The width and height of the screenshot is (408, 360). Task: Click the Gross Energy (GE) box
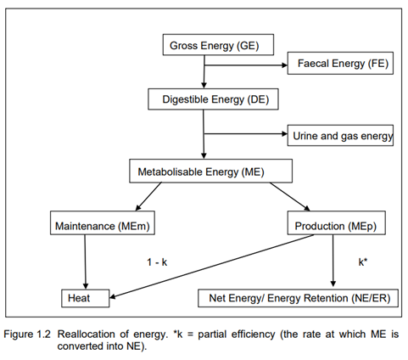(x=218, y=45)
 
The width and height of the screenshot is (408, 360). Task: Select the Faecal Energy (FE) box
(x=340, y=63)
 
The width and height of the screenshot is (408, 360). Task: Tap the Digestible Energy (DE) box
(x=213, y=99)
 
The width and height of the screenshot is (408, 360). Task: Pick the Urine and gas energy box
(x=340, y=135)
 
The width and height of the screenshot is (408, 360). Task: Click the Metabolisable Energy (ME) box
(x=210, y=171)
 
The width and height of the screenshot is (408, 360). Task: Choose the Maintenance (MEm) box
(x=103, y=222)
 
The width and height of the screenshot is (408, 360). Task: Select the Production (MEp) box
(x=336, y=222)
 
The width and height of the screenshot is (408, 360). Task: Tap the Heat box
(x=85, y=298)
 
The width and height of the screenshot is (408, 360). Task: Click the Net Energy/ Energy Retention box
(x=298, y=298)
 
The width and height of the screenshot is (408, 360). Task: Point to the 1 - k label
(x=157, y=262)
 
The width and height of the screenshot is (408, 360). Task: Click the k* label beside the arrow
(x=363, y=262)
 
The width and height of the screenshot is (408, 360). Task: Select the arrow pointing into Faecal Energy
(x=246, y=65)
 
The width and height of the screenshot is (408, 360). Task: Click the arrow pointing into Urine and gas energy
(x=246, y=133)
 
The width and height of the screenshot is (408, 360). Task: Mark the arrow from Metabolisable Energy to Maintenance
(x=148, y=196)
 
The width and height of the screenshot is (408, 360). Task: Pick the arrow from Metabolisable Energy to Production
(x=290, y=197)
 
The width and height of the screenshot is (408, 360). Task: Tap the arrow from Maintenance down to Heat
(x=85, y=262)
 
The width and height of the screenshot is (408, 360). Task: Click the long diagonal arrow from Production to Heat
(x=211, y=266)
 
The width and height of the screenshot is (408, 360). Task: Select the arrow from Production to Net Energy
(x=333, y=261)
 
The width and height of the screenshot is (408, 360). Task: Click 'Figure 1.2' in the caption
(x=27, y=335)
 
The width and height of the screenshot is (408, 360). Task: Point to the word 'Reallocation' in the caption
(x=86, y=335)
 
